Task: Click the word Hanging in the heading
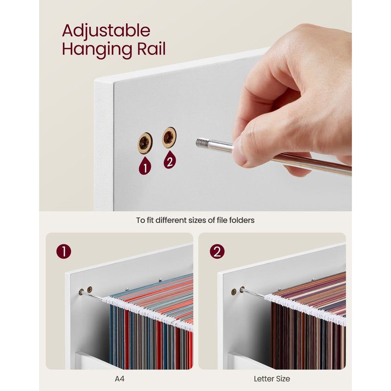point(97,50)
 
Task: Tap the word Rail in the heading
point(152,48)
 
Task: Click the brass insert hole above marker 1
point(145,143)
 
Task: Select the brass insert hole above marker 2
point(169,137)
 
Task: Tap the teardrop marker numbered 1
point(145,166)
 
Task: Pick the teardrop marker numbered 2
point(170,160)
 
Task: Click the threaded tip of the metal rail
point(202,143)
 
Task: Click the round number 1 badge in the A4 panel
point(64,251)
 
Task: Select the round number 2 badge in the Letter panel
point(217,251)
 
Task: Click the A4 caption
point(119,379)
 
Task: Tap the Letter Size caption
point(272,379)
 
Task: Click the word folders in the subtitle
point(242,220)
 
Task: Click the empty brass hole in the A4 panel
point(89,289)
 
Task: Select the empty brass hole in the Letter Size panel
point(234,292)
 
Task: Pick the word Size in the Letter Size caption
point(283,379)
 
